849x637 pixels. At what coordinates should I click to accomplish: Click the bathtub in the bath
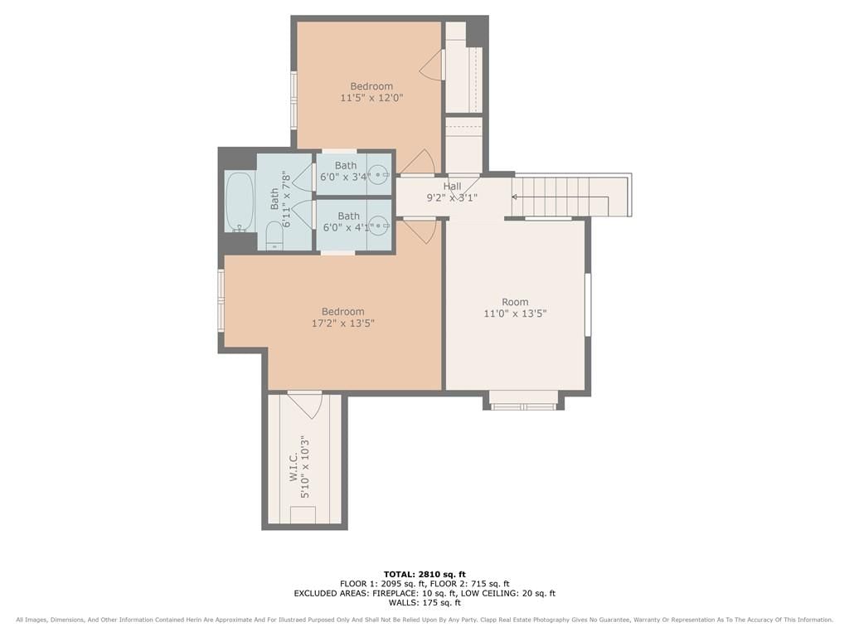tap(240, 202)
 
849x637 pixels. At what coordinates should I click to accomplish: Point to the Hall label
tap(452, 187)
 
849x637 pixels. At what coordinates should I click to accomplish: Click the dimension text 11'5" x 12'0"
tap(371, 98)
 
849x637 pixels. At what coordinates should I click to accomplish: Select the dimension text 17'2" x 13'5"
tap(342, 323)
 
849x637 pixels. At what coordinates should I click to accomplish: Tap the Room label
tap(515, 302)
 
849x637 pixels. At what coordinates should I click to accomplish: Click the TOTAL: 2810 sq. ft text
tap(424, 574)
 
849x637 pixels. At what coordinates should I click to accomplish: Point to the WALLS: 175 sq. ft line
tap(424, 602)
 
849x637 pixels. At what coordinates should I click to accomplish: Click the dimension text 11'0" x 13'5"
tap(515, 314)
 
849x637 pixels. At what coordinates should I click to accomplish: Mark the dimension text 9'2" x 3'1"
tap(452, 197)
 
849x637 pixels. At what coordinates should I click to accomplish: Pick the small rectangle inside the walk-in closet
tap(303, 514)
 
